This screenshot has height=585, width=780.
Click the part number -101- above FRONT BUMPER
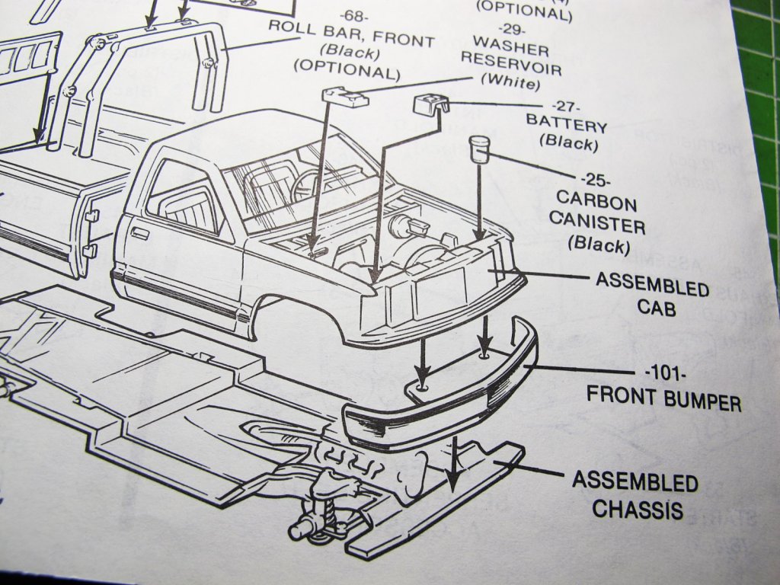[665, 374]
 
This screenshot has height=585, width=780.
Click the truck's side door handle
[139, 232]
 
